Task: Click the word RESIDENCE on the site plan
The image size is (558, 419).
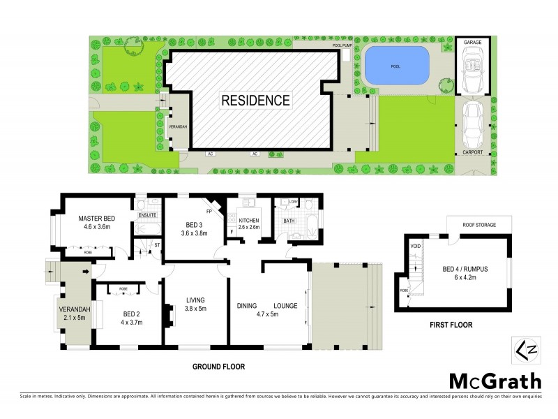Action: pyautogui.click(x=255, y=100)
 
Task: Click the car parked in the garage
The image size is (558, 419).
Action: pyautogui.click(x=472, y=68)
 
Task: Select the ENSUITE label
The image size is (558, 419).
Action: pyautogui.click(x=147, y=215)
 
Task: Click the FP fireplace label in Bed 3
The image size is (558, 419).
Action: pyautogui.click(x=208, y=210)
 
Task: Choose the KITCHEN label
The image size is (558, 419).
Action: pyautogui.click(x=249, y=219)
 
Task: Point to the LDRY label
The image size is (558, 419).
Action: pyautogui.click(x=294, y=203)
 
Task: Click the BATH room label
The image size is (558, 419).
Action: pyautogui.click(x=289, y=221)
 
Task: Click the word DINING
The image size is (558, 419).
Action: pyautogui.click(x=248, y=305)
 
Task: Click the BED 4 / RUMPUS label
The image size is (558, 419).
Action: pyautogui.click(x=461, y=270)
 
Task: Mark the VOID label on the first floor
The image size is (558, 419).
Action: pyautogui.click(x=414, y=246)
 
